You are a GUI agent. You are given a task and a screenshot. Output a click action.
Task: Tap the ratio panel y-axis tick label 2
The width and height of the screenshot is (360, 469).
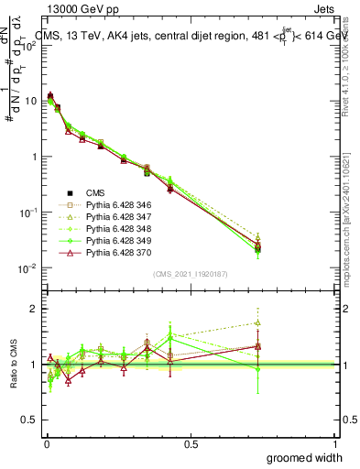pyautogui.click(x=34, y=309)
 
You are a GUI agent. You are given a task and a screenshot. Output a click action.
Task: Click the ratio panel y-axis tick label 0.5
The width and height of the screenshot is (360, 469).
pyautogui.click(x=29, y=420)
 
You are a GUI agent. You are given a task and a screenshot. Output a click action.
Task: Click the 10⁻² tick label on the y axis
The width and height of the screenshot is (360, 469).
pyautogui.click(x=27, y=268)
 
